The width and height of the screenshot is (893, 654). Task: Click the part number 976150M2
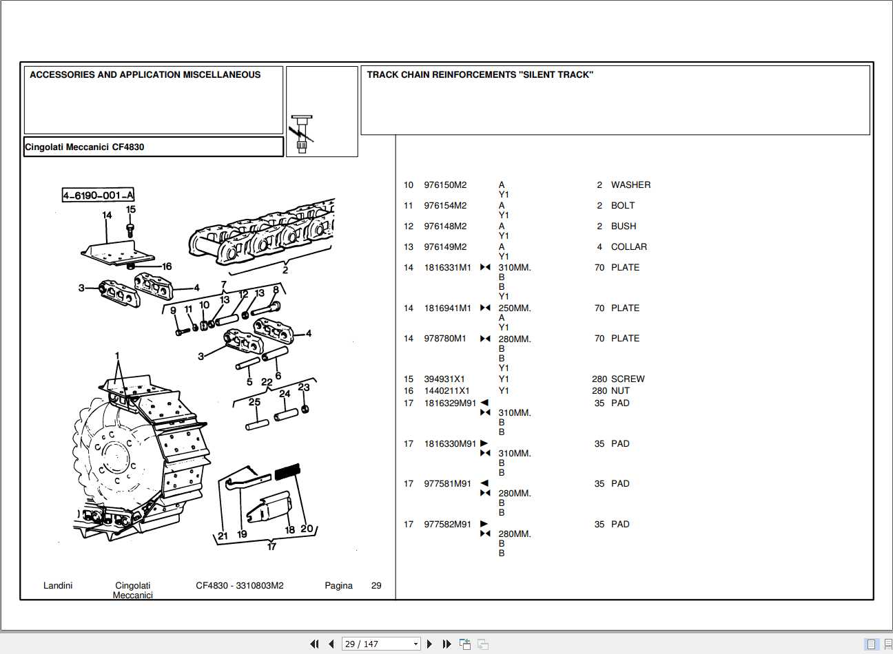[x=445, y=185]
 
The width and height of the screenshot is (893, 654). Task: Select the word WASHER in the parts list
[x=630, y=185]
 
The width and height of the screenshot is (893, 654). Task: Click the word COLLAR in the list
[x=628, y=247]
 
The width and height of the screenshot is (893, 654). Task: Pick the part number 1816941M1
[x=447, y=308]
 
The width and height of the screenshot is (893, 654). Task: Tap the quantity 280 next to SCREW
[x=599, y=379]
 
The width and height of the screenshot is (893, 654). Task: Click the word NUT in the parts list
[x=620, y=391]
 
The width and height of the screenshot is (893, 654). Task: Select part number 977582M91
[x=447, y=525]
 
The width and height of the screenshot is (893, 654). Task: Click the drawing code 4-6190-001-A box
[x=99, y=196]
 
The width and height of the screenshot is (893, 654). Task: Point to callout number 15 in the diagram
[x=131, y=209]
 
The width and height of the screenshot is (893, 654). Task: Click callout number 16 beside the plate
[x=167, y=266]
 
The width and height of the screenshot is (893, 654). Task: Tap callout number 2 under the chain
[x=285, y=270]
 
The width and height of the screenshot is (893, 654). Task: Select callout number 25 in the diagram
[x=254, y=402]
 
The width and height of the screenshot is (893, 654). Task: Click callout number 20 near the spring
[x=307, y=529]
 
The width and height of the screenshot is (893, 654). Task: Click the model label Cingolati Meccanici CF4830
[x=85, y=147]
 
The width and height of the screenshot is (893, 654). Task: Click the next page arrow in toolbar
[x=429, y=644]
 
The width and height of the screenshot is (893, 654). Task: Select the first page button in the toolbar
[x=314, y=644]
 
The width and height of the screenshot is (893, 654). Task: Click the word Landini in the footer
[x=58, y=586]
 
